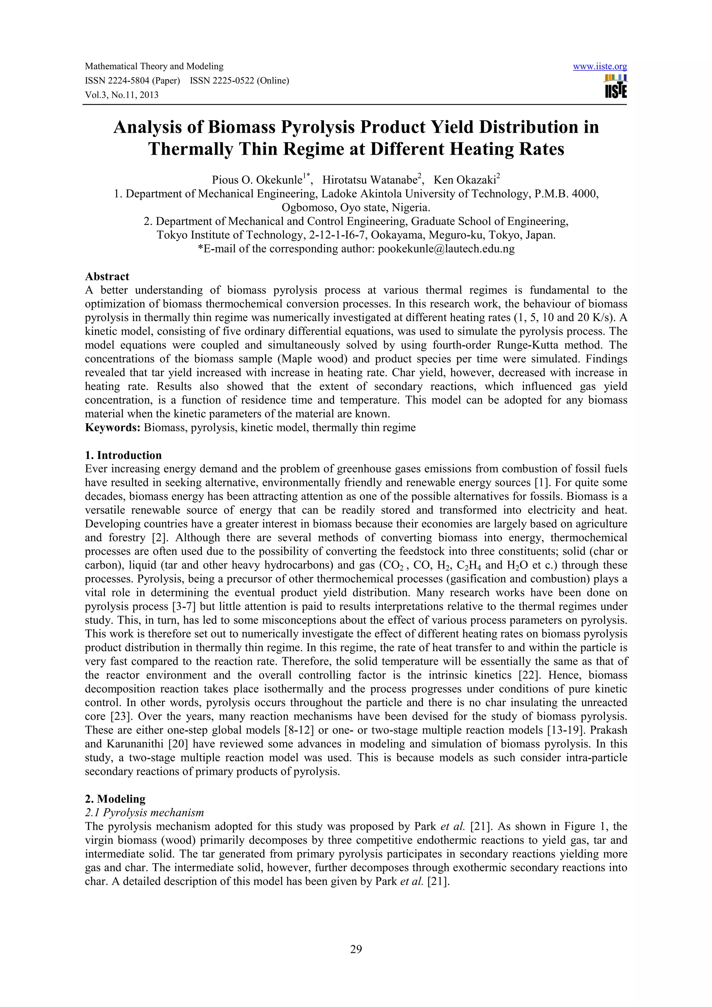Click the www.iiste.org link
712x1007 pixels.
(600, 67)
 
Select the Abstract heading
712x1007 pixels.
(107, 276)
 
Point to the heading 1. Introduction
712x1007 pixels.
(123, 455)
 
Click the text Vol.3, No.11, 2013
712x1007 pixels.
(122, 95)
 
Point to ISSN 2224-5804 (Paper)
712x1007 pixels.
(132, 81)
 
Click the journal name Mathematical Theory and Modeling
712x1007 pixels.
(154, 67)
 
